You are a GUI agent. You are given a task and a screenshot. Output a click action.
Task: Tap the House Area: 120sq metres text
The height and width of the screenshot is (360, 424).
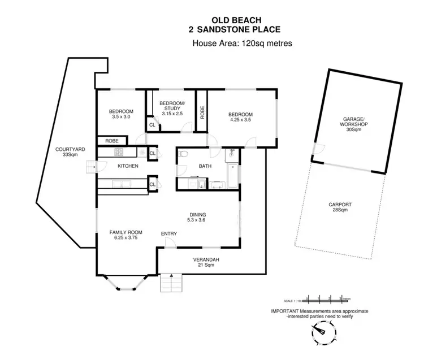(242, 44)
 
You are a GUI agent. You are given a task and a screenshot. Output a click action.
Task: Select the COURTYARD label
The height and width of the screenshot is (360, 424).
(70, 152)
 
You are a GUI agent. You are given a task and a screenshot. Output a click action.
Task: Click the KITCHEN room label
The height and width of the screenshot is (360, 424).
(128, 166)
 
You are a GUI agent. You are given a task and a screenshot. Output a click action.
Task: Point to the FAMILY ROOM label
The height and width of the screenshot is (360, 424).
(126, 235)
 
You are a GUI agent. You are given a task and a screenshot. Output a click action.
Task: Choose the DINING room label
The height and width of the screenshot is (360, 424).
(198, 217)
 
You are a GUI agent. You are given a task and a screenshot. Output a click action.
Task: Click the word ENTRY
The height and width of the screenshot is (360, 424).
(169, 233)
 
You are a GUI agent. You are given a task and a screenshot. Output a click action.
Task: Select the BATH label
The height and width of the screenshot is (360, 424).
(205, 166)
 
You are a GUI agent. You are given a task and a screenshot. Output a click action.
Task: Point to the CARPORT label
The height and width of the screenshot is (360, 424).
(340, 207)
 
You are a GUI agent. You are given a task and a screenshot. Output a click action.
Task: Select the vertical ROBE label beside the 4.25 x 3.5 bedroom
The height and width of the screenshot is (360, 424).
(202, 112)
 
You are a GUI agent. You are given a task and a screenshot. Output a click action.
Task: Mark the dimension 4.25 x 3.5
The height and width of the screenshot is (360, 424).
(240, 120)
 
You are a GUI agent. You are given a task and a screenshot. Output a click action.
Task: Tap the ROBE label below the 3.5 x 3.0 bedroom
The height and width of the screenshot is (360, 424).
(111, 141)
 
